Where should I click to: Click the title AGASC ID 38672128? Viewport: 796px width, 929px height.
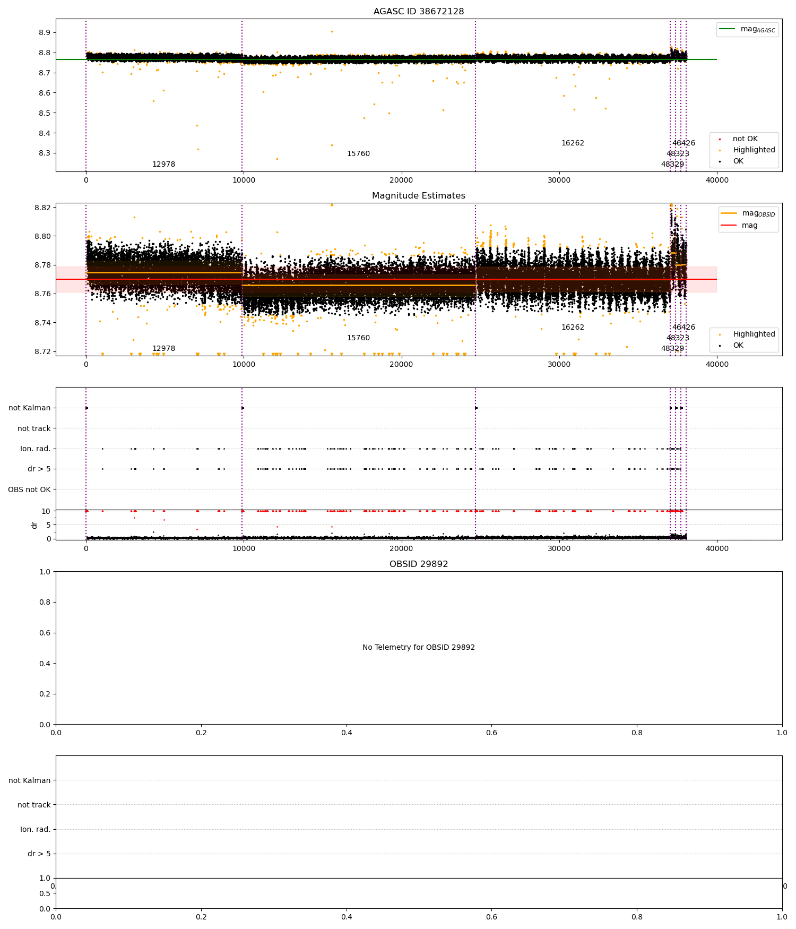tap(419, 12)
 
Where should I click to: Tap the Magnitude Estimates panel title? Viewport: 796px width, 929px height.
tap(419, 196)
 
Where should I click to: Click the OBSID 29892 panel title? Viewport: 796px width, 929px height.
tap(419, 564)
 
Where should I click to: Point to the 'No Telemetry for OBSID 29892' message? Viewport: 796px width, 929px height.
tap(419, 648)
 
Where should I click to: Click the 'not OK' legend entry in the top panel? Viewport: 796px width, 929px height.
tap(745, 139)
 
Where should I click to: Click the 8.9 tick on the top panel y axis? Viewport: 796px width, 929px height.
tap(45, 33)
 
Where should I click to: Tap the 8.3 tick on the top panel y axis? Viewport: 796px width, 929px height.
tap(45, 153)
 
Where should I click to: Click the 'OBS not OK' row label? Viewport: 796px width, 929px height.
tap(30, 489)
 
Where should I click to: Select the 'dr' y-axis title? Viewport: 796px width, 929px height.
tap(34, 525)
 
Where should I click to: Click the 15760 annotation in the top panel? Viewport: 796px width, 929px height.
tap(358, 154)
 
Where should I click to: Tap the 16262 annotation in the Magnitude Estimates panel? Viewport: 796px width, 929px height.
tap(573, 328)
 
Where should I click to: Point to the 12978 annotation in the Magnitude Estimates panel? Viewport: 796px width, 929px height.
tap(163, 349)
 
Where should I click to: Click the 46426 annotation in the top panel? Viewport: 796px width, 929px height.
tap(683, 143)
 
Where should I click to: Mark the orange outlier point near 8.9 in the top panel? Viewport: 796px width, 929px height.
tap(332, 31)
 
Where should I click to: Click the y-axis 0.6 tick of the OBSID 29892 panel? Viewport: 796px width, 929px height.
tap(45, 633)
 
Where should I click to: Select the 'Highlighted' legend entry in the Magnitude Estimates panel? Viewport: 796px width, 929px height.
tap(754, 334)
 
